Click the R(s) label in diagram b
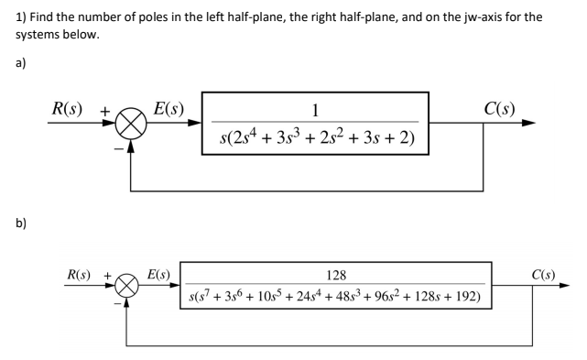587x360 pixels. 83,275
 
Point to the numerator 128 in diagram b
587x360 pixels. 337,277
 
